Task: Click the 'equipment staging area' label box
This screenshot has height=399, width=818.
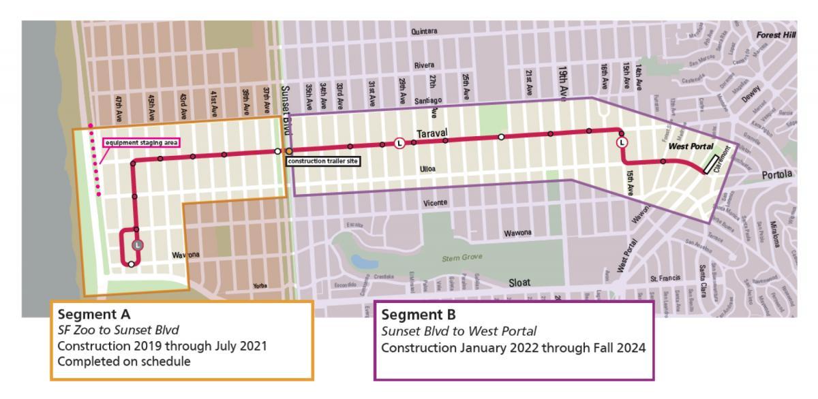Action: click(140, 143)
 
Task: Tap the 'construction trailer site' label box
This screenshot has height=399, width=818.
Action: click(324, 161)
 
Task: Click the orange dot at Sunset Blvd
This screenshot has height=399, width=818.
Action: click(289, 150)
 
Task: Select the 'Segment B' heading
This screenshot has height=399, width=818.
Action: click(411, 316)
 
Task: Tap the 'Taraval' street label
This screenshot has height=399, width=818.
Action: click(431, 133)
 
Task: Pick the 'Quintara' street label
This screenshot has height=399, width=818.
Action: click(425, 32)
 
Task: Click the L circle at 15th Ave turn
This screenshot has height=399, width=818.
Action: click(622, 143)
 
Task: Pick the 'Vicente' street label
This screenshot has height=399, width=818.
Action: click(436, 203)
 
